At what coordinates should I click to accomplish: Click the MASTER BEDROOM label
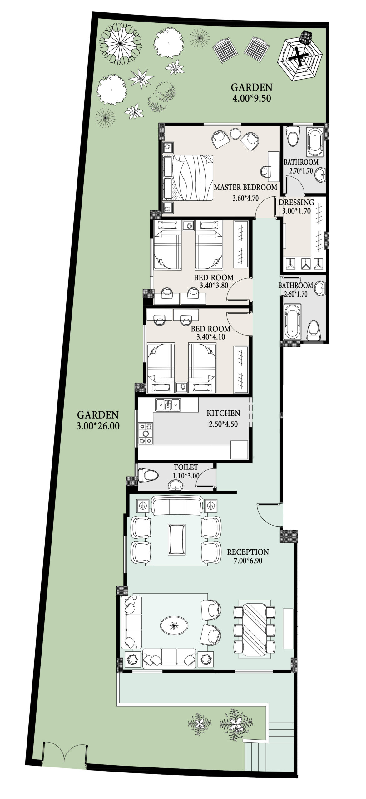(245, 187)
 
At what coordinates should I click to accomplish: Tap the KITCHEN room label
(223, 413)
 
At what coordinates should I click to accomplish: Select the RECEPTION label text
(248, 552)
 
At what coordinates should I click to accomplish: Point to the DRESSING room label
(296, 202)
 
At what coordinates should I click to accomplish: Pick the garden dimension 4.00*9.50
(252, 99)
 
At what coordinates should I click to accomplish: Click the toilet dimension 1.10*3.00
(186, 476)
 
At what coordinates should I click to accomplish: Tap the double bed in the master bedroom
(188, 177)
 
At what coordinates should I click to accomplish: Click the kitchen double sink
(168, 405)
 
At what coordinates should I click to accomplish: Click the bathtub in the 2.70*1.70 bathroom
(314, 142)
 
